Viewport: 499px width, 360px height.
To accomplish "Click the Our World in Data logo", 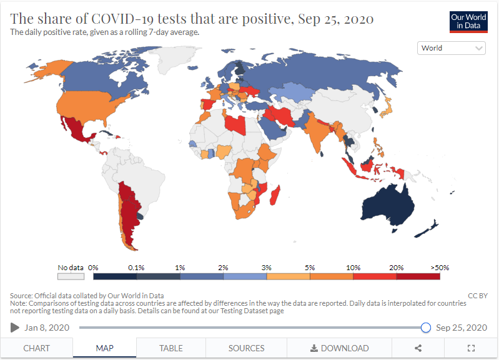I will click(x=468, y=21).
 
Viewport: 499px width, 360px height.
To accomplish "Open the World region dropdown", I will click(x=452, y=48).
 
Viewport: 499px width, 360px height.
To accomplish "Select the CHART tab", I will click(x=36, y=348).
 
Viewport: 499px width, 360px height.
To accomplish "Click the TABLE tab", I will click(x=171, y=348).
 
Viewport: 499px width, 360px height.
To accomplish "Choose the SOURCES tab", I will click(x=246, y=348).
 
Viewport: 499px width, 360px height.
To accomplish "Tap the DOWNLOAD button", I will click(x=339, y=348).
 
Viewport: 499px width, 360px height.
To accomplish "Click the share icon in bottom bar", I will click(x=418, y=348).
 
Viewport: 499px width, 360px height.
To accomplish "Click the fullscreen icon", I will click(x=472, y=348).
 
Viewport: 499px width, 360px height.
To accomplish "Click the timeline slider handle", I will click(x=426, y=328).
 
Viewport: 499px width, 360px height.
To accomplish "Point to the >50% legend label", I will click(x=439, y=267).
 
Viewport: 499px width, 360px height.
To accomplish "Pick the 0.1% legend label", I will click(x=136, y=267).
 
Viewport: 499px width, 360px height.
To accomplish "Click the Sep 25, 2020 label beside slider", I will click(x=461, y=328).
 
